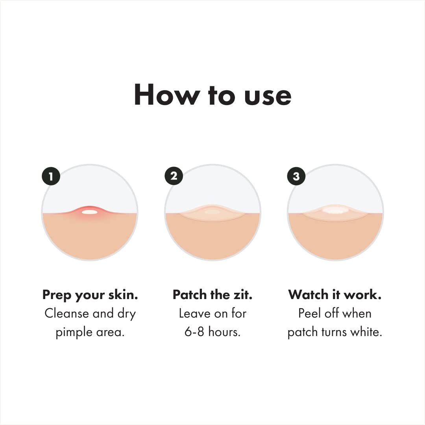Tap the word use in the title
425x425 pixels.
[268, 95]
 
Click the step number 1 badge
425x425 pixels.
[51, 176]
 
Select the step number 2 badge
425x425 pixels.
[174, 176]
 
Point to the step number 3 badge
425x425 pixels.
[296, 176]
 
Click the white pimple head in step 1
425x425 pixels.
[89, 212]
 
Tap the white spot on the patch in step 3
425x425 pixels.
[335, 210]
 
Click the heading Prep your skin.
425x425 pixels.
[90, 295]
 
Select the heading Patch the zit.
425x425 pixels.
[213, 295]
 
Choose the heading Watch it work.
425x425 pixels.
[335, 295]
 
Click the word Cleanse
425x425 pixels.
[67, 314]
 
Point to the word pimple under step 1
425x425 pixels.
[73, 333]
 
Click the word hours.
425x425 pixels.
[224, 332]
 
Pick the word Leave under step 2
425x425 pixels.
[193, 314]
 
